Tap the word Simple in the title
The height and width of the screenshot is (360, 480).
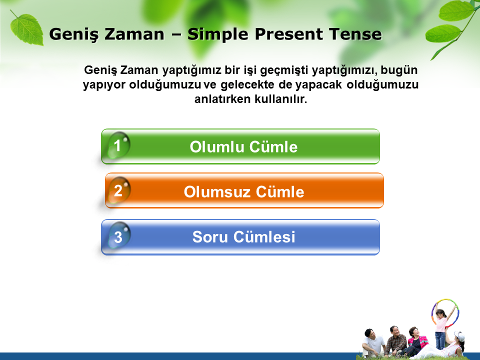(x=217, y=34)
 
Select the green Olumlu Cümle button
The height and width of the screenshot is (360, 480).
(x=240, y=146)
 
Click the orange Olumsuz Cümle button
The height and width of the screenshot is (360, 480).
(x=244, y=190)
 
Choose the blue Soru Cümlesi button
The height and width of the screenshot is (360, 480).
(x=240, y=237)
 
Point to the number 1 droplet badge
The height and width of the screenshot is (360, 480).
(x=118, y=145)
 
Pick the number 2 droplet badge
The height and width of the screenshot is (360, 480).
(x=119, y=190)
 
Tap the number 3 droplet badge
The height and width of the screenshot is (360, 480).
(x=119, y=235)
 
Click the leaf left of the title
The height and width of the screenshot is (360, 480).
(x=26, y=29)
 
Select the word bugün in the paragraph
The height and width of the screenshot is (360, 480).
(x=399, y=70)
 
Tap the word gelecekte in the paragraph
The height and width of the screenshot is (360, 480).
(x=247, y=84)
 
